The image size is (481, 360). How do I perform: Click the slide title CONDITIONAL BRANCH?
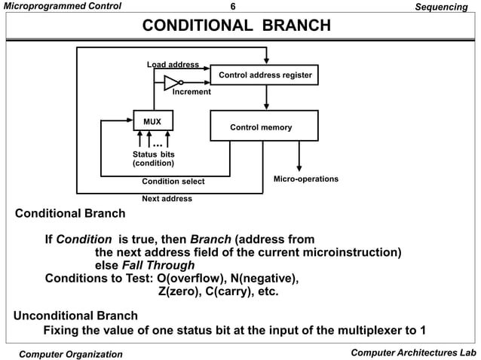click(x=237, y=26)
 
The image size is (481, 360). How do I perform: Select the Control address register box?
click(x=265, y=75)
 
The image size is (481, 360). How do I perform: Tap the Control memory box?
click(x=261, y=127)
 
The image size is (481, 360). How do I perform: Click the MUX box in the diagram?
click(x=153, y=121)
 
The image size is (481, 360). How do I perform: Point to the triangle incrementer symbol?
click(x=171, y=82)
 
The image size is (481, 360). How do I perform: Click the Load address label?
click(x=172, y=65)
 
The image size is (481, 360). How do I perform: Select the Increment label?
click(x=191, y=92)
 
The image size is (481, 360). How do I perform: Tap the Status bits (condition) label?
click(x=153, y=158)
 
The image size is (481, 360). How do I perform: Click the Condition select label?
click(x=173, y=181)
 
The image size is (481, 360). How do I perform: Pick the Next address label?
click(x=167, y=199)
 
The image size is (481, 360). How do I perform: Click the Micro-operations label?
click(x=305, y=179)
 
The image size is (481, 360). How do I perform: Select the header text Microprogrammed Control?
click(x=54, y=6)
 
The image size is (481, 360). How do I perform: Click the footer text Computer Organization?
click(x=70, y=354)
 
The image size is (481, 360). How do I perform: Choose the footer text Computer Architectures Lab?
click(x=413, y=353)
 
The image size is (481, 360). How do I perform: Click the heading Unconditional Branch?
click(x=75, y=315)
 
